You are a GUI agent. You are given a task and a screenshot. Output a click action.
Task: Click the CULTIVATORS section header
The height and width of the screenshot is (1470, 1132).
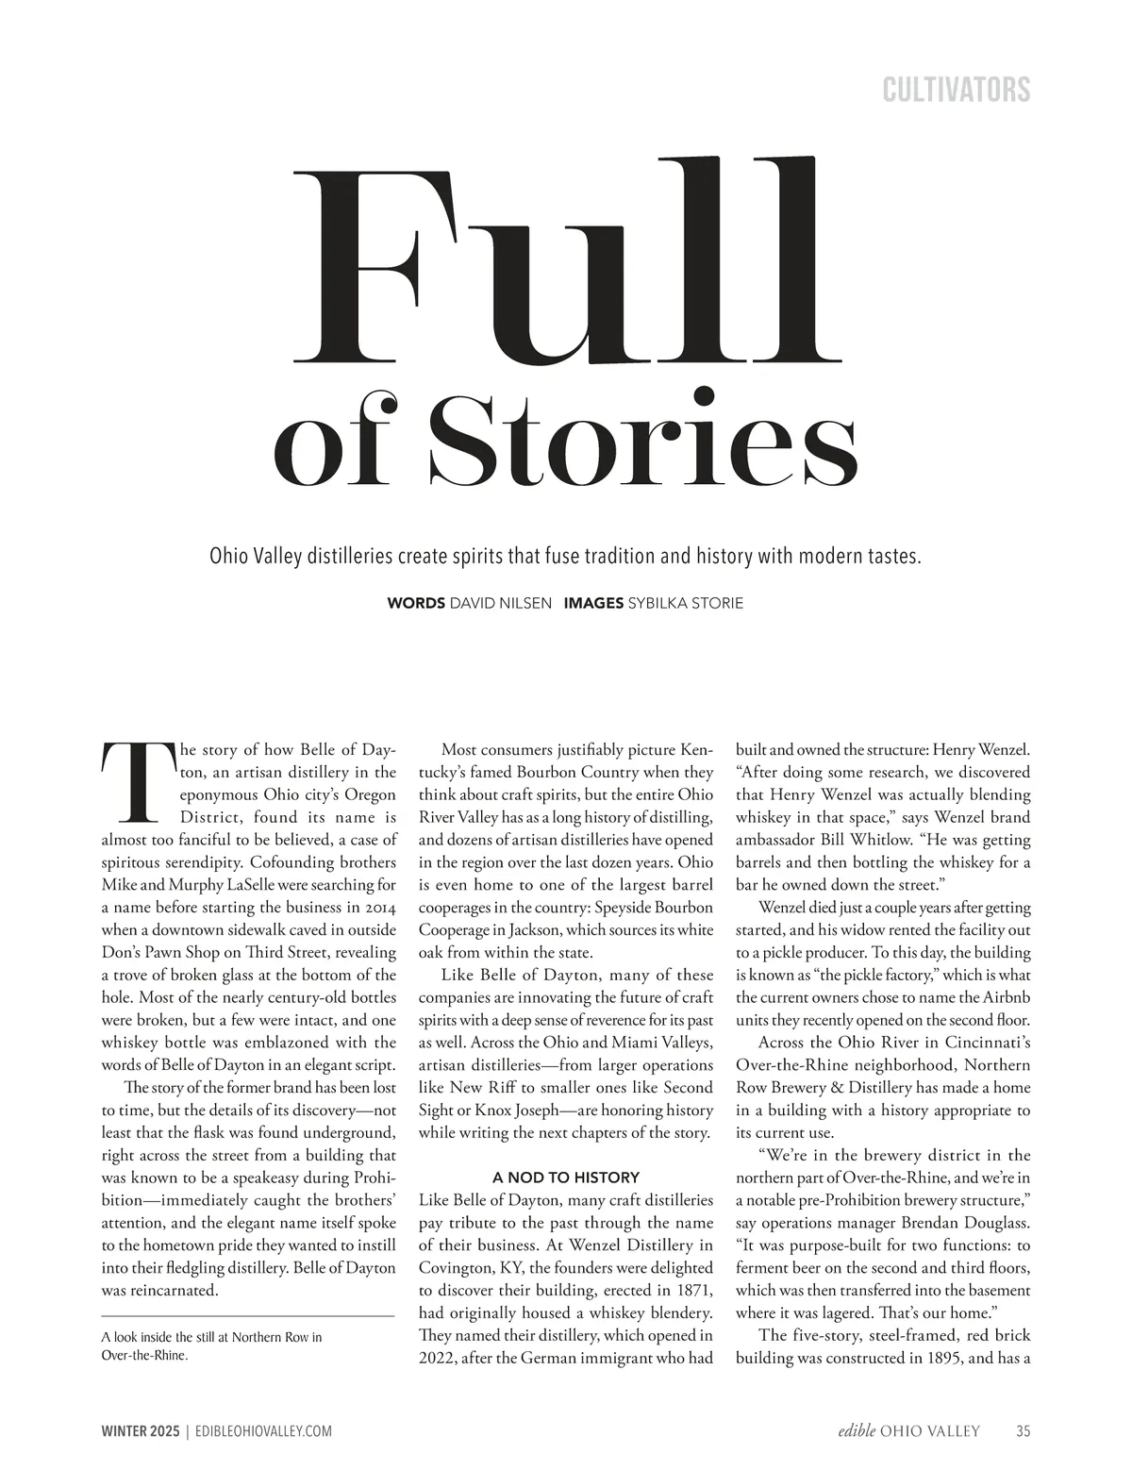click(956, 91)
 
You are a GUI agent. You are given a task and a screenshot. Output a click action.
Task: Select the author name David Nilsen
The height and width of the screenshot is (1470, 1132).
click(500, 603)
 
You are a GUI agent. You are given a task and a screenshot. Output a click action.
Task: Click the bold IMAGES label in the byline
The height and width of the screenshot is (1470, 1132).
click(593, 603)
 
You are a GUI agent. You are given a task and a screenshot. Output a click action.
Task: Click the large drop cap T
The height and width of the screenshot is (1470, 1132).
click(137, 783)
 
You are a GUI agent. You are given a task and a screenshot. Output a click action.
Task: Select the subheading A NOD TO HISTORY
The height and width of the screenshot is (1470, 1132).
click(566, 1178)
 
